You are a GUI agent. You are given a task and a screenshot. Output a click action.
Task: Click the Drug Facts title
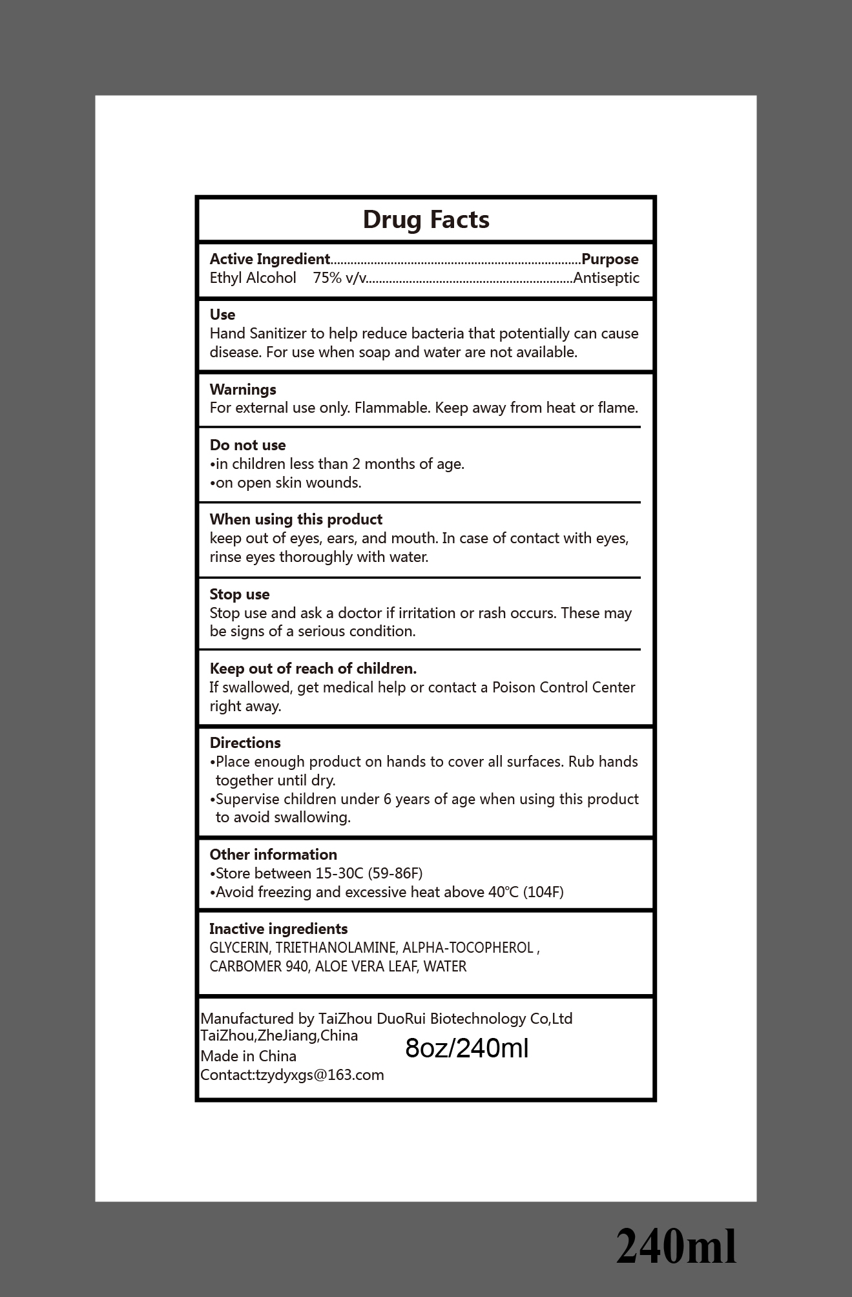click(426, 220)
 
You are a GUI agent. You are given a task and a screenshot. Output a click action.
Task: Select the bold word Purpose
click(610, 259)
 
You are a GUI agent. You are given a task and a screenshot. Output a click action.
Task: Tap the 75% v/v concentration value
click(340, 278)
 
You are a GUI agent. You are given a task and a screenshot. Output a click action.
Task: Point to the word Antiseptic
click(607, 278)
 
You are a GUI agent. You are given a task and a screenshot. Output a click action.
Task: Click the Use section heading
click(222, 315)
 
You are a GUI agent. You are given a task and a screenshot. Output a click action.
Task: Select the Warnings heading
click(243, 389)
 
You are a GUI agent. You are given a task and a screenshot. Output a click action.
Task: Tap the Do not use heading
click(247, 445)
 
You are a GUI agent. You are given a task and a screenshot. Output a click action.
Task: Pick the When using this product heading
click(296, 519)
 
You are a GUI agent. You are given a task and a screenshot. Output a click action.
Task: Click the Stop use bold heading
click(240, 594)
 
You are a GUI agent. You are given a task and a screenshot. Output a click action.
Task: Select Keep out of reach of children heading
click(313, 669)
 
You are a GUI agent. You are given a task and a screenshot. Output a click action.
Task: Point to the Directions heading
click(245, 743)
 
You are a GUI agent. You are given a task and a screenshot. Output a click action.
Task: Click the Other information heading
click(273, 855)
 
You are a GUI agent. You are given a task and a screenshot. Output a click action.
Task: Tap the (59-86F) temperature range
click(395, 873)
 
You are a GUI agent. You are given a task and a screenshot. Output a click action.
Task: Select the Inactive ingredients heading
click(278, 929)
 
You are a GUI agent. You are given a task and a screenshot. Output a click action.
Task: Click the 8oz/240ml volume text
click(467, 1048)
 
